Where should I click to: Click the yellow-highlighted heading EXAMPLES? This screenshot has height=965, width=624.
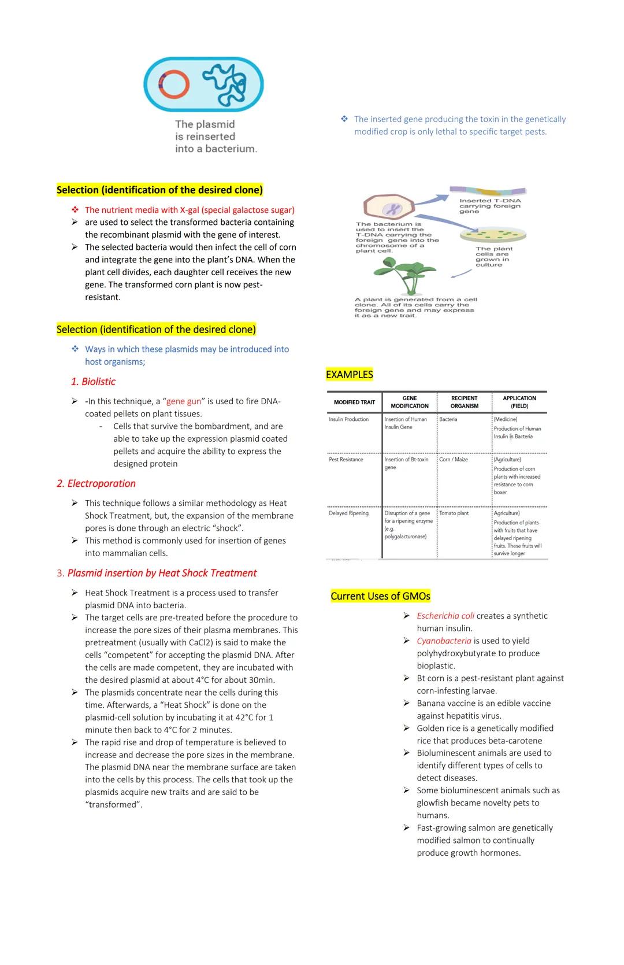click(349, 375)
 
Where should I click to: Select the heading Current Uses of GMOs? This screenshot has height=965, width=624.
click(380, 596)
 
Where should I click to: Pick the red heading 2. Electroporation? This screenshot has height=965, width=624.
click(96, 483)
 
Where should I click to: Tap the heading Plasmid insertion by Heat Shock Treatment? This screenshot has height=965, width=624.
click(162, 573)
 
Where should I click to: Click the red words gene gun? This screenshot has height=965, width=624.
click(184, 401)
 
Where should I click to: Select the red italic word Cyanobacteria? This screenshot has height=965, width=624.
click(444, 641)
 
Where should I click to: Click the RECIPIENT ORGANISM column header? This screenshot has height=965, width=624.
click(464, 402)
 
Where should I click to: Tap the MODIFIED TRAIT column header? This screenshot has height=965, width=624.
click(354, 402)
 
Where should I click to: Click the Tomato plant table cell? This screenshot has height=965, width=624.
click(454, 513)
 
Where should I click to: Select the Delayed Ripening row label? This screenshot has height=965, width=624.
click(348, 513)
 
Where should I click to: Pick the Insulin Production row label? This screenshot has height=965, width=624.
click(348, 419)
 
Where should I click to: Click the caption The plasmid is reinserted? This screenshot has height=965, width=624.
click(215, 136)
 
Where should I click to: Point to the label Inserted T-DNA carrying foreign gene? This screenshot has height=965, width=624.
click(489, 206)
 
